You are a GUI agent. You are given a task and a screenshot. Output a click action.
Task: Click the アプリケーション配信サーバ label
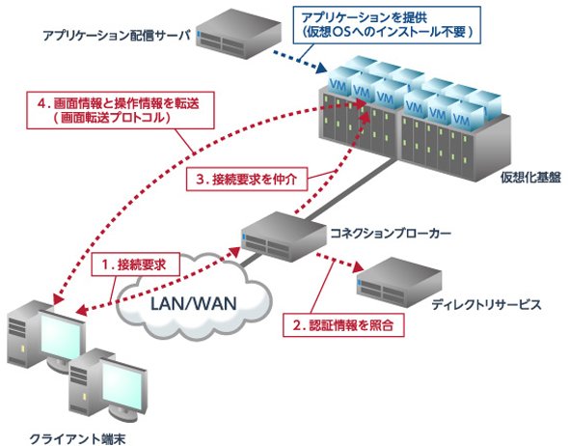[117, 36]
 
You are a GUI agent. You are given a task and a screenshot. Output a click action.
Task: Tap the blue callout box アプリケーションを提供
[387, 25]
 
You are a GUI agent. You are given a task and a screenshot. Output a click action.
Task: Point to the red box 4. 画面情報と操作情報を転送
[121, 110]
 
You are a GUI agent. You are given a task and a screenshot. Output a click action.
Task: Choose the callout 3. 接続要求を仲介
[247, 179]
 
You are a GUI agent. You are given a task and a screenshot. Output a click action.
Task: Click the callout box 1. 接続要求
[136, 265]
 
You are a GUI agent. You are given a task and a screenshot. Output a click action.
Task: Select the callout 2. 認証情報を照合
[343, 325]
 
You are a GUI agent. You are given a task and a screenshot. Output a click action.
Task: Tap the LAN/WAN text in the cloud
[194, 303]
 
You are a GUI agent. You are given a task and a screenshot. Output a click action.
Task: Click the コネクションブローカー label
[391, 233]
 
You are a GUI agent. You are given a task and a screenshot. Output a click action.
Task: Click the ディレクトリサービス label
[486, 304]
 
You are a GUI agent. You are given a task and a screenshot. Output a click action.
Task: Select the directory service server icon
[399, 283]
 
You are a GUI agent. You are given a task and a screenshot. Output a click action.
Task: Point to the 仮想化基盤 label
[530, 178]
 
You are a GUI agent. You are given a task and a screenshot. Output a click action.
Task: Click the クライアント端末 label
[77, 438]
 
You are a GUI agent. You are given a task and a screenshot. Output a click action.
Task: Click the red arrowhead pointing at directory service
[358, 267]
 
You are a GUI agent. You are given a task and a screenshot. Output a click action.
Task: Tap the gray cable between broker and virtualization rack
[350, 190]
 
